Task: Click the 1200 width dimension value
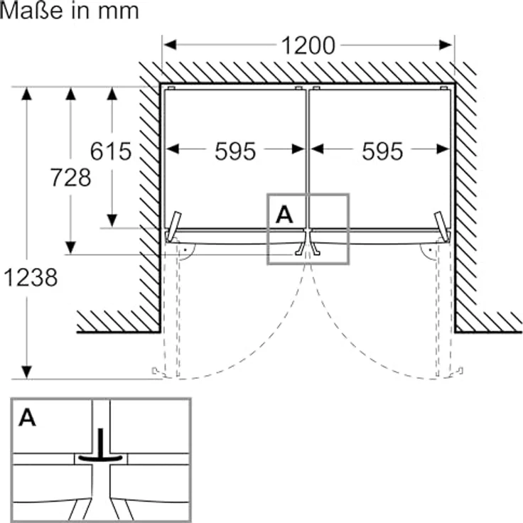tap(308, 45)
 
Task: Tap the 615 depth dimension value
tap(111, 151)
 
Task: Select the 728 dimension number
tap(70, 178)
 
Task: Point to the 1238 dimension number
tap(31, 278)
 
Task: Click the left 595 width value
tap(235, 152)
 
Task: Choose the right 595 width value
tap(382, 152)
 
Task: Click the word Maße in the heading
tap(31, 11)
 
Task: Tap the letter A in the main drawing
tap(284, 215)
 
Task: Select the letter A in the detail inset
tap(27, 418)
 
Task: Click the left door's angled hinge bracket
tap(174, 227)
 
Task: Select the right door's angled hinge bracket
tap(441, 227)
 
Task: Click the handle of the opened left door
tap(155, 371)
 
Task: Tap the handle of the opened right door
tap(460, 371)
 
